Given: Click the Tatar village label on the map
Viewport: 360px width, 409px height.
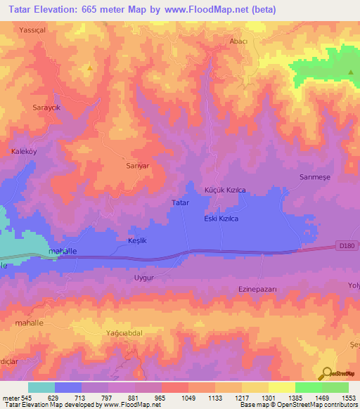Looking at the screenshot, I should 181,202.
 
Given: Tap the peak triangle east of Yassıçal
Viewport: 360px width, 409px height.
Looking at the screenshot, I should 90,68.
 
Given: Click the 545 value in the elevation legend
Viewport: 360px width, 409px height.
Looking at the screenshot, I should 26,398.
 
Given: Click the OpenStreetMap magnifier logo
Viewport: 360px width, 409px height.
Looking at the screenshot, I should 326,375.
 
